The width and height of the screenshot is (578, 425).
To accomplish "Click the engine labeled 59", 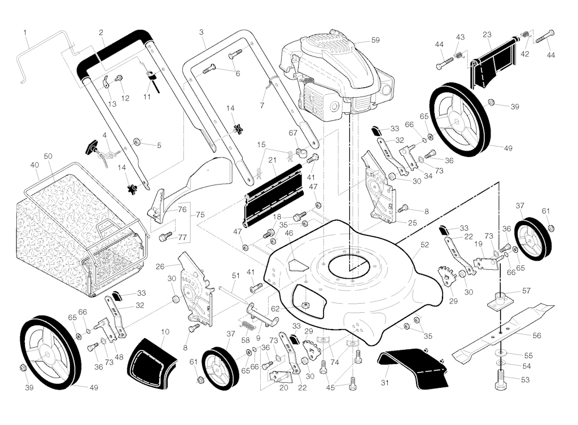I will pyautogui.click(x=333, y=73).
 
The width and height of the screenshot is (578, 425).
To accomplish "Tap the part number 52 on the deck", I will pyautogui.click(x=424, y=245).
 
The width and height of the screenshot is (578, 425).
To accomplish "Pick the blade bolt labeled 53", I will pyautogui.click(x=501, y=383).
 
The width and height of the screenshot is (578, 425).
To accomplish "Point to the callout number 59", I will pyautogui.click(x=376, y=40).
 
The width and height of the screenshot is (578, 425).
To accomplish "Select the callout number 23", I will pyautogui.click(x=487, y=34).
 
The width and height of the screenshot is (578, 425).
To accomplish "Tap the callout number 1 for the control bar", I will pyautogui.click(x=25, y=32).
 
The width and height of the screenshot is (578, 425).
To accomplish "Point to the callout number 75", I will pyautogui.click(x=200, y=215).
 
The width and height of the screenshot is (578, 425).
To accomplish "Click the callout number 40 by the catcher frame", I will pyautogui.click(x=34, y=165).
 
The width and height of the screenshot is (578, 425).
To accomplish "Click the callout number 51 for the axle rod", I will pyautogui.click(x=236, y=275).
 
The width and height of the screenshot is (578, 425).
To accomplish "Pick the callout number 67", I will pyautogui.click(x=293, y=133).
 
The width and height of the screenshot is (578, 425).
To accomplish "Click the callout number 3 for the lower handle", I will pyautogui.click(x=202, y=32).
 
